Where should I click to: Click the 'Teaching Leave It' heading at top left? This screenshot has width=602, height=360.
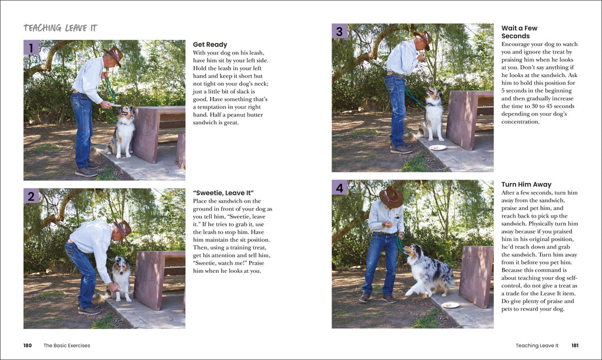click(61, 28)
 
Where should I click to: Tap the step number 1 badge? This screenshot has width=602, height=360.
click(31, 48)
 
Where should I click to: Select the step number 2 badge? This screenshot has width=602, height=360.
click(31, 196)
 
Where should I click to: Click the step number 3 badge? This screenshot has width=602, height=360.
click(339, 31)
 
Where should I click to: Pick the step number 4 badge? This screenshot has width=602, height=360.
click(339, 188)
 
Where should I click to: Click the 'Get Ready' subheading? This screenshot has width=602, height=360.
click(210, 45)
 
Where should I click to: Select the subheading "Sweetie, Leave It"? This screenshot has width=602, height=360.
click(223, 193)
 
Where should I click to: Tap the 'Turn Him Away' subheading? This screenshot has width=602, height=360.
click(526, 185)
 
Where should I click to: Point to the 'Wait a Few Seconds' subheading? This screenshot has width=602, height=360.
click(519, 32)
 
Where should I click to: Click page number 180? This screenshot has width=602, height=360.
click(28, 345)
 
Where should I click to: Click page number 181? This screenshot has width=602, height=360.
click(575, 345)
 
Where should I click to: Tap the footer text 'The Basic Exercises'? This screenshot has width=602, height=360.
click(67, 345)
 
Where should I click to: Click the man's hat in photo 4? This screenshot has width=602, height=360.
click(390, 196)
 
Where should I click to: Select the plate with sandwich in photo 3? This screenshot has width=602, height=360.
click(437, 148)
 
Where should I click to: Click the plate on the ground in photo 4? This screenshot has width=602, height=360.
click(450, 305)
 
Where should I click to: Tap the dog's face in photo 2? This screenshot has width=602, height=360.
click(121, 268)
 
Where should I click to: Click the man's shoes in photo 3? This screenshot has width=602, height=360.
click(402, 148)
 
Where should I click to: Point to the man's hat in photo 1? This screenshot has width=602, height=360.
click(113, 55)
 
